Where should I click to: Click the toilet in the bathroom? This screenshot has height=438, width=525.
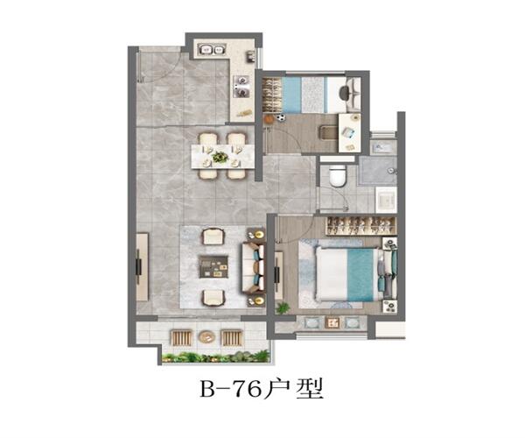pyautogui.click(x=338, y=175)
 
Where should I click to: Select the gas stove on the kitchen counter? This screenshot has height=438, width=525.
pyautogui.click(x=241, y=86)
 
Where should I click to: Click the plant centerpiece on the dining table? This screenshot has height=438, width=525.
pyautogui.click(x=220, y=157)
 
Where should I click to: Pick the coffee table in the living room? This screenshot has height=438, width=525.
pyautogui.click(x=213, y=267)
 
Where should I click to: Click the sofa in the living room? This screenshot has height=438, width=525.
pyautogui.click(x=253, y=267)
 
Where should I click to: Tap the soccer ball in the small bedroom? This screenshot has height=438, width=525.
pyautogui.click(x=281, y=117)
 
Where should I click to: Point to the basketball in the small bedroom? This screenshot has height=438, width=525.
pyautogui.click(x=268, y=118)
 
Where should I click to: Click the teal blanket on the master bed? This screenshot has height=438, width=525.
pyautogui.click(x=360, y=274)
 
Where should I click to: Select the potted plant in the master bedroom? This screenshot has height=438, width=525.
pyautogui.click(x=283, y=307)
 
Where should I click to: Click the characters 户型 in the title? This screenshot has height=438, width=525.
pyautogui.click(x=294, y=389)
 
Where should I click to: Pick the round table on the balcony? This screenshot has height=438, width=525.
pyautogui.click(x=206, y=336)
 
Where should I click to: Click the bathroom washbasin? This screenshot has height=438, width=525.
pyautogui.click(x=386, y=200)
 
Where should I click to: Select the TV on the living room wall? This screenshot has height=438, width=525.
pyautogui.click(x=138, y=267)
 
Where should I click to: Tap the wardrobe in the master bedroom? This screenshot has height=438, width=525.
pyautogui.click(x=360, y=225)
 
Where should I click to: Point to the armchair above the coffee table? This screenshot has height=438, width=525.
pyautogui.click(x=213, y=236)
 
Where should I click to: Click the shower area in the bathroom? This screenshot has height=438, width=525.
pyautogui.click(x=376, y=171)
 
